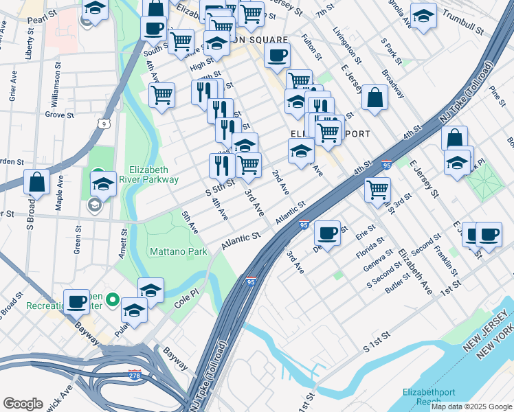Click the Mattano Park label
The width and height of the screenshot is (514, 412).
coord(179,252)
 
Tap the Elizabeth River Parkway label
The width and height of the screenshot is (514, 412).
coord(153,174)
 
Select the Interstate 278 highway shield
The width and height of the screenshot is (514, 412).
coord(135,375)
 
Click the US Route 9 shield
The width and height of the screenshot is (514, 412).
coord(103,124)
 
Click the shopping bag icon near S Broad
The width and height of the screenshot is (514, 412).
coord(37,182)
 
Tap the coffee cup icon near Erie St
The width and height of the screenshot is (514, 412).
coord(328,233)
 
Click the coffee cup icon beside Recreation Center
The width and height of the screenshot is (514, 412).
coord(76,300)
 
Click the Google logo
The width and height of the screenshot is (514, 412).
coord(23,404)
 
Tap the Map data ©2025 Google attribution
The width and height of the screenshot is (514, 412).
coord(471,407)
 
